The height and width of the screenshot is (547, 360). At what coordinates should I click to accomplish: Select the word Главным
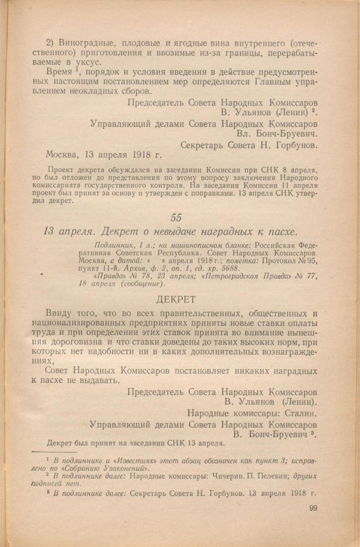click(272, 83)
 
